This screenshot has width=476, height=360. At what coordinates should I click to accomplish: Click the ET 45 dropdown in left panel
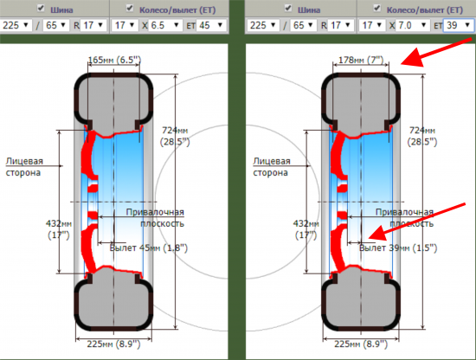[211, 25]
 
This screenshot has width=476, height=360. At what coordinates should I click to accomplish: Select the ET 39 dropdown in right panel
[459, 25]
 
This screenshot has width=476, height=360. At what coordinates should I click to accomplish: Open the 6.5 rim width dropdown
[165, 25]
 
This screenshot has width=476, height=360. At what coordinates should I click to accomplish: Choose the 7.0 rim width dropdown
[413, 25]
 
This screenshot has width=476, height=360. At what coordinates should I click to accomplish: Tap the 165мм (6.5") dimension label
[114, 60]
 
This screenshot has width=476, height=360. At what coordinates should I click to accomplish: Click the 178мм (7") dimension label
[361, 60]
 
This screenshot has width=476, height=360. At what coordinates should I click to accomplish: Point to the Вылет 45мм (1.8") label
[149, 248]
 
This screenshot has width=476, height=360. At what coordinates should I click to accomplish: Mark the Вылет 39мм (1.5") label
[398, 248]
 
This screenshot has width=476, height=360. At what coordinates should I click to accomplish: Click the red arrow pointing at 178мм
[436, 52]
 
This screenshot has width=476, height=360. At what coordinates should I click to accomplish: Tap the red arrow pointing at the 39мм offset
[416, 222]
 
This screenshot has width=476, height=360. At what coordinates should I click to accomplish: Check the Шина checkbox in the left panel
[41, 8]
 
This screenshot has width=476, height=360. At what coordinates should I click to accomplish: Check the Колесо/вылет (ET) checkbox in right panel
[376, 8]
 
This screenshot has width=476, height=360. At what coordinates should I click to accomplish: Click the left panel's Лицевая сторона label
[24, 167]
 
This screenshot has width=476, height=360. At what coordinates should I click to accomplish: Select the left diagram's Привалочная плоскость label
[155, 217]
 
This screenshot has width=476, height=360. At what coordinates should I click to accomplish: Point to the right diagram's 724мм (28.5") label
[422, 136]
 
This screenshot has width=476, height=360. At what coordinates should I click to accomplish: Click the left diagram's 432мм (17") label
[59, 228]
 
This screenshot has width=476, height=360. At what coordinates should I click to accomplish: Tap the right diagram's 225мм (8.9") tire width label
[361, 344]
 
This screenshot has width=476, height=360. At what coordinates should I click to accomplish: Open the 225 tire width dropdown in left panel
[16, 25]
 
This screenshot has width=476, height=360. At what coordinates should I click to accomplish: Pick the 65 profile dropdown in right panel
[303, 25]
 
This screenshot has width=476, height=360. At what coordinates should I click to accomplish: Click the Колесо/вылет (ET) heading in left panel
[177, 10]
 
